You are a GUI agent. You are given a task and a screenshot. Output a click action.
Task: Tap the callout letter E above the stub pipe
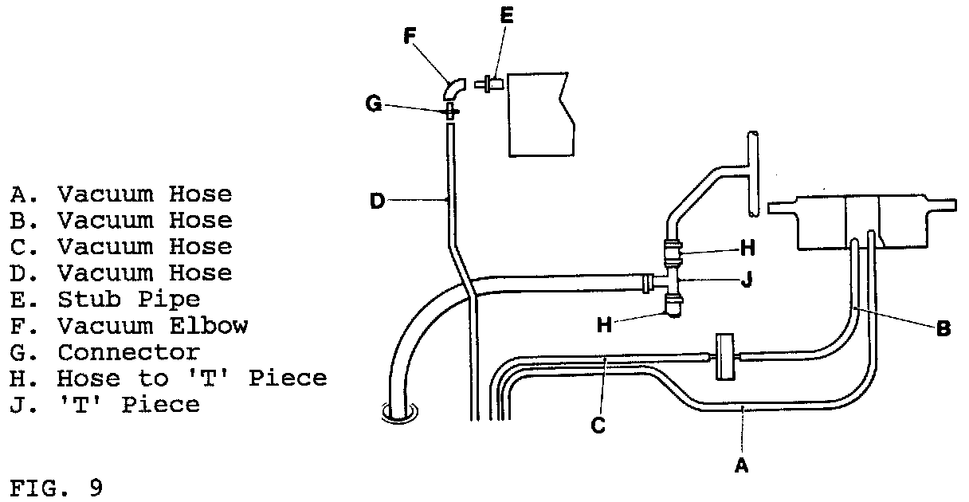507,16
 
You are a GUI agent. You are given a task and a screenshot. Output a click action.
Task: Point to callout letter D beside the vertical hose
378,201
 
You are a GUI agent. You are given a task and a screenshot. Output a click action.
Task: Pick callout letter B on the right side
943,327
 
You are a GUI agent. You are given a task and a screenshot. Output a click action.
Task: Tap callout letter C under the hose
598,426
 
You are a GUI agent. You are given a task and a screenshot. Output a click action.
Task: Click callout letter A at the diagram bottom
740,466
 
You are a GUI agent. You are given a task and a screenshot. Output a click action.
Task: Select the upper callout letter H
747,248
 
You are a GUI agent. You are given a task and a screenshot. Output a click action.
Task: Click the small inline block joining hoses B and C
724,357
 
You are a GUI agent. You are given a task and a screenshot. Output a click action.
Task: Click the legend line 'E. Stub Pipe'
104,300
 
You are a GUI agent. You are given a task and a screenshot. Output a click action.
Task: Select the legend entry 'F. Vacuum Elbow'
128,325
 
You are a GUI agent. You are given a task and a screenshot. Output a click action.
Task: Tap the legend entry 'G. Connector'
104,351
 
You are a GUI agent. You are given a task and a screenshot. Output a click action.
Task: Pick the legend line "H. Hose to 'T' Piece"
168,378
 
